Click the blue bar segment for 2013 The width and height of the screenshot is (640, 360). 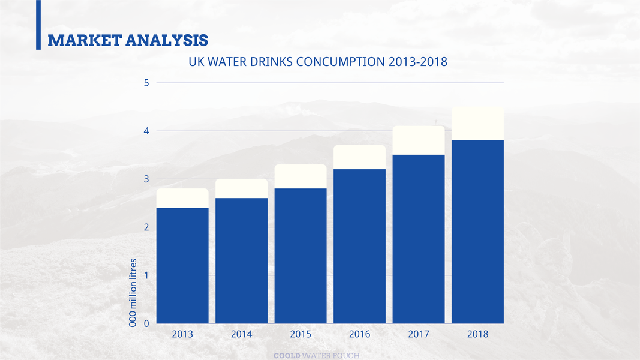(x=182, y=265)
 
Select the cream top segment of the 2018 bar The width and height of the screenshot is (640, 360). (x=477, y=124)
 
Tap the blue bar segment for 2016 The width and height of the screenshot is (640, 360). (x=359, y=246)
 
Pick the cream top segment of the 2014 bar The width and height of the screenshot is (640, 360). (x=241, y=188)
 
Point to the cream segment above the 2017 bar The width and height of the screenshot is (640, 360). (x=419, y=140)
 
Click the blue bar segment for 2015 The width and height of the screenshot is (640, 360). (x=301, y=256)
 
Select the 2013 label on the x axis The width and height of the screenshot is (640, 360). (x=182, y=334)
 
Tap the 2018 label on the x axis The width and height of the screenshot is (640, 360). (x=477, y=334)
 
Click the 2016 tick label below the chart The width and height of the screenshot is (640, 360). (x=359, y=334)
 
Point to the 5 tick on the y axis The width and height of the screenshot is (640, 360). (x=146, y=83)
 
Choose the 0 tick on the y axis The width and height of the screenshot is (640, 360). (x=146, y=324)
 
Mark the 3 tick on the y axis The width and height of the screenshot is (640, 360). (x=146, y=179)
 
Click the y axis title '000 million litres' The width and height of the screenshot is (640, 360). (x=134, y=293)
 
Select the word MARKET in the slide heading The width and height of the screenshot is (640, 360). (x=84, y=40)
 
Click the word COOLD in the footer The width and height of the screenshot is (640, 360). (x=287, y=355)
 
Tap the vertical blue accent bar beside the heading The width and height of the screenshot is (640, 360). (x=38, y=24)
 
